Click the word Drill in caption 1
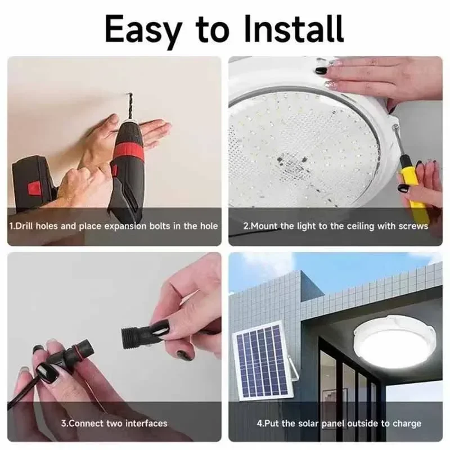coord(25,226)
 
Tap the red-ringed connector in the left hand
coord(65,354)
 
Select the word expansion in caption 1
coord(126,226)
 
